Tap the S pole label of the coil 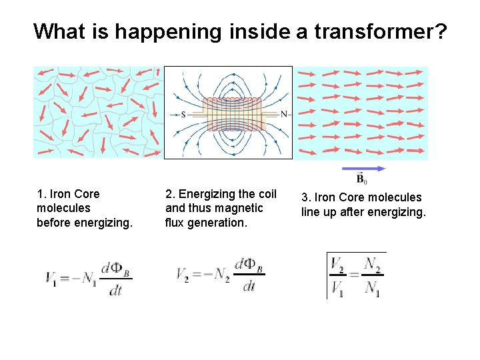(183, 114)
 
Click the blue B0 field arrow (363, 169)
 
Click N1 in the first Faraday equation (87, 277)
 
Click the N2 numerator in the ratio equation (373, 265)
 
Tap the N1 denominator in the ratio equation (373, 288)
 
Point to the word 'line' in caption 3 (311, 212)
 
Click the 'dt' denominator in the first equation (115, 291)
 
